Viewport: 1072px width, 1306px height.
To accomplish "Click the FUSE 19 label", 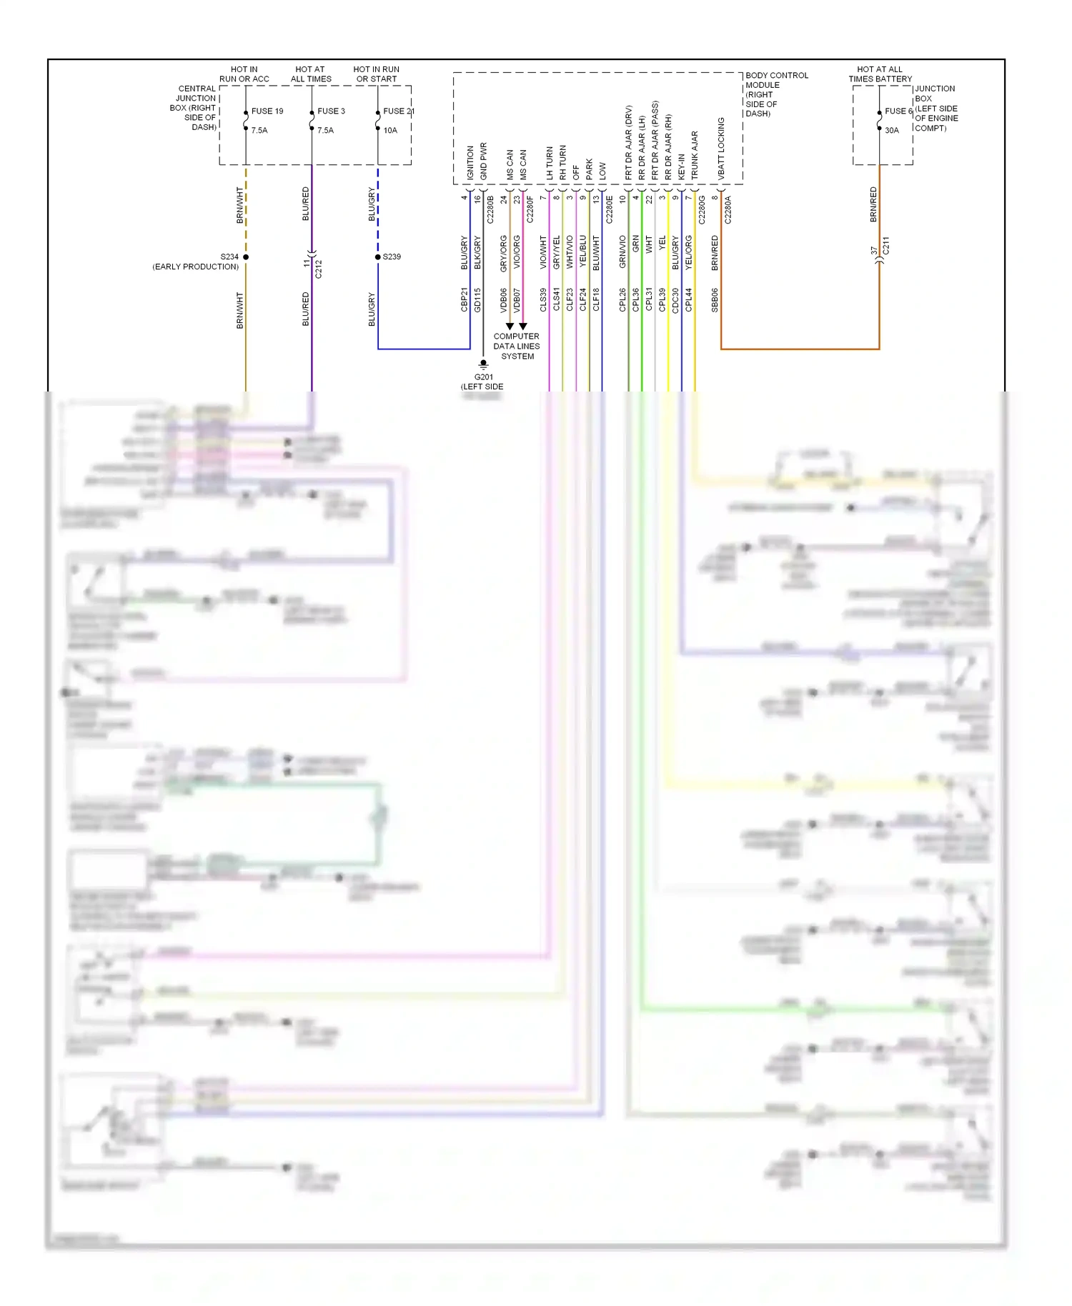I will coord(267,111).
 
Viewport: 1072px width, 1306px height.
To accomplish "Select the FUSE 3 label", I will coord(331,111).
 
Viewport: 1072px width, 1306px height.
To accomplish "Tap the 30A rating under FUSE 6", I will coord(891,131).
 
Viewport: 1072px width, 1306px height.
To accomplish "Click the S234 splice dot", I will coord(246,256).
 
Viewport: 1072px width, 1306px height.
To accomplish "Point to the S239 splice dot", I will coord(378,256).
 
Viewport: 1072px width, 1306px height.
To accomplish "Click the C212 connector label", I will coord(319,269).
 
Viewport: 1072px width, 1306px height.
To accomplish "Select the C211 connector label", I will coord(886,246).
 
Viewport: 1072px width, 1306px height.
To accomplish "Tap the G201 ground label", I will coord(483,377).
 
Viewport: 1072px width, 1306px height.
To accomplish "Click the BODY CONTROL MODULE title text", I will coord(776,80).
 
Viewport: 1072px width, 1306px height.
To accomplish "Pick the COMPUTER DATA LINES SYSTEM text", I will coord(517,347).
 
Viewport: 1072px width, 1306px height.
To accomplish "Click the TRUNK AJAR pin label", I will coord(695,155).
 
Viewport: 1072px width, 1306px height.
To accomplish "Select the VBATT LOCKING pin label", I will coord(721,149).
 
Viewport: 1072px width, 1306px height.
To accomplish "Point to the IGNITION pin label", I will coord(470,163).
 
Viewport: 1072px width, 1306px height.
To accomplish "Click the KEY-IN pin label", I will coord(681,166).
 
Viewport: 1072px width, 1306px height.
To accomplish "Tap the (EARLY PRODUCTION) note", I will coord(196,267).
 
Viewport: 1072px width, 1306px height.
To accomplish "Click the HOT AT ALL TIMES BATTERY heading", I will coord(880,74).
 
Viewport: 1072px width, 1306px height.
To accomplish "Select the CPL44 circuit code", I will coord(689,300).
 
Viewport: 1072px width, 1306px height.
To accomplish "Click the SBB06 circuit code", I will coord(715,300).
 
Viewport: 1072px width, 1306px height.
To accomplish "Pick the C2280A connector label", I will coord(728,210).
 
